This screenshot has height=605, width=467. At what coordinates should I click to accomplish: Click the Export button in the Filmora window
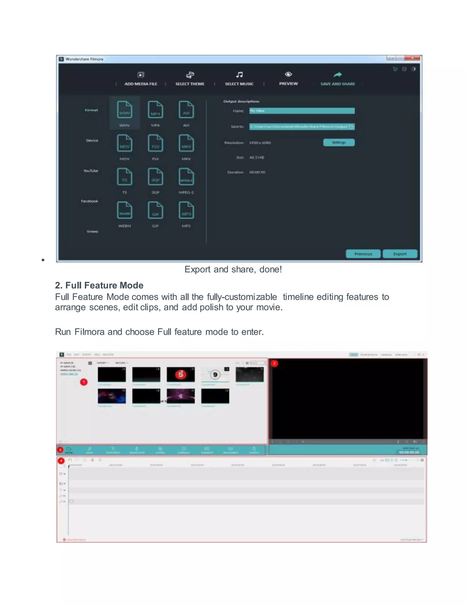coord(400,254)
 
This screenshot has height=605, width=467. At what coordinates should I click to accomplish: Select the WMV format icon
coord(125,110)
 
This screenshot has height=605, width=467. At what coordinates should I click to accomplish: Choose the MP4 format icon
coord(155,110)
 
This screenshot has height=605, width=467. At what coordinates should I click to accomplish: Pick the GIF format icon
coord(155,210)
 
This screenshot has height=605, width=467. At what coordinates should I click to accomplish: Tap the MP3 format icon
coord(186,210)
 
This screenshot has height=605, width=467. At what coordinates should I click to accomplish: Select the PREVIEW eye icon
coord(288,74)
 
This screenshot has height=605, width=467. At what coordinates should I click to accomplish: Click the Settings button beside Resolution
coord(339,142)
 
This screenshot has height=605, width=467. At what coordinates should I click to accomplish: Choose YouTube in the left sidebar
coord(91,171)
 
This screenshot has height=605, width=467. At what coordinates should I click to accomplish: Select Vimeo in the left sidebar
coord(92,231)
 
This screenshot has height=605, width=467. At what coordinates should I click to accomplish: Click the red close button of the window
coord(412,58)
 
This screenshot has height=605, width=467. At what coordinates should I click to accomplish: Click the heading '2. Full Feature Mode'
coord(99,285)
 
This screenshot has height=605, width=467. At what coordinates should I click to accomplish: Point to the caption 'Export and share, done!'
coord(233,269)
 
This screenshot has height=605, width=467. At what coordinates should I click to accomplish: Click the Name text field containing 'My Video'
coord(301,111)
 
